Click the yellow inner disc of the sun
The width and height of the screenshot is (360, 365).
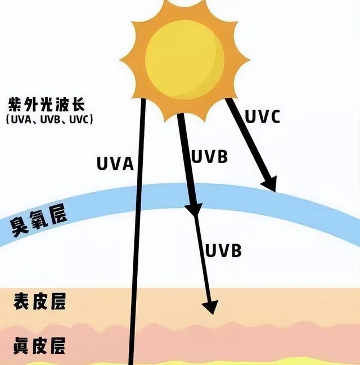[184, 60]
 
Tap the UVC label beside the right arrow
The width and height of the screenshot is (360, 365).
[262, 116]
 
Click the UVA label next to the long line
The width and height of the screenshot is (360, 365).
[115, 164]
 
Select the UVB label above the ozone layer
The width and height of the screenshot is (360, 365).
[209, 157]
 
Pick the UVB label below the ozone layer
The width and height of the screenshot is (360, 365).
[223, 250]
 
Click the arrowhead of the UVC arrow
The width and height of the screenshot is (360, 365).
[269, 184]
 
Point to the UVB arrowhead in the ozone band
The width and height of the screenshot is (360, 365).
[193, 209]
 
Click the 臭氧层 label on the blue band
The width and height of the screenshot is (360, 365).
[39, 220]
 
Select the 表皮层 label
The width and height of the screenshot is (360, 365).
[39, 301]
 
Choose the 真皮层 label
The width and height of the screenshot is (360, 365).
[39, 346]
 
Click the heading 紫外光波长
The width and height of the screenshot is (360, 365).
[47, 105]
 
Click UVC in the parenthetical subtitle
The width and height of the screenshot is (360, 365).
[79, 120]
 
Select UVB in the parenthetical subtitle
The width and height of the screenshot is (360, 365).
[50, 120]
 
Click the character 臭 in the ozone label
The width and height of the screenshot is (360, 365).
[19, 227]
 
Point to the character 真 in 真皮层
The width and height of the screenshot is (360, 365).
[21, 346]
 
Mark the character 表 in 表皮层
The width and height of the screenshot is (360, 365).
[22, 301]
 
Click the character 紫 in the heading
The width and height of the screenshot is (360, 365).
[15, 105]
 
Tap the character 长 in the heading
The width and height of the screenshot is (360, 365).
[78, 105]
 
